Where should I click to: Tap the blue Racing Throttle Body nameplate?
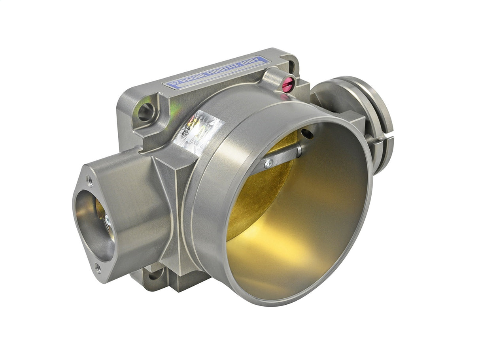(x=217, y=72)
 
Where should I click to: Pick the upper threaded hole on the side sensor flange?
(x=90, y=181)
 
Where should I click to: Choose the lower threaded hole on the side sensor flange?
(x=98, y=269)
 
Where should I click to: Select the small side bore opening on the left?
(x=94, y=225)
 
